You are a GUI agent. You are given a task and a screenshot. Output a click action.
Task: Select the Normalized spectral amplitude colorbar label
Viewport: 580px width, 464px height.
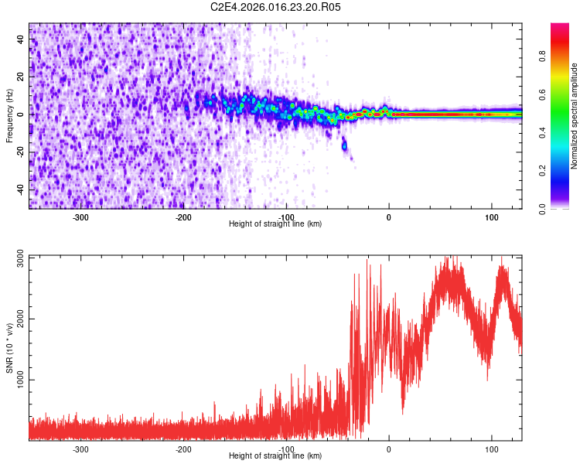575,116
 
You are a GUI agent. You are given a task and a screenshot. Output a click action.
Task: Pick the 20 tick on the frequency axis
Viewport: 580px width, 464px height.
20,77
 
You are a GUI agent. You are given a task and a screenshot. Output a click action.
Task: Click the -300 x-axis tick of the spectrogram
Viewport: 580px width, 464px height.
81,217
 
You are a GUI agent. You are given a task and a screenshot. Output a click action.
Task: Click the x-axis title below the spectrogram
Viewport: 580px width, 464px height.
275,224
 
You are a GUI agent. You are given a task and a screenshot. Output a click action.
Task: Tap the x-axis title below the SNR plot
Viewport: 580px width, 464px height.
275,456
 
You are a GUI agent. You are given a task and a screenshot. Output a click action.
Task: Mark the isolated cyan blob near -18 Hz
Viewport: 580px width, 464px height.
344,145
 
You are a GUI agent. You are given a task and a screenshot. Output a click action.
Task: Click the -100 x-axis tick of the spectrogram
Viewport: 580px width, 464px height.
286,217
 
